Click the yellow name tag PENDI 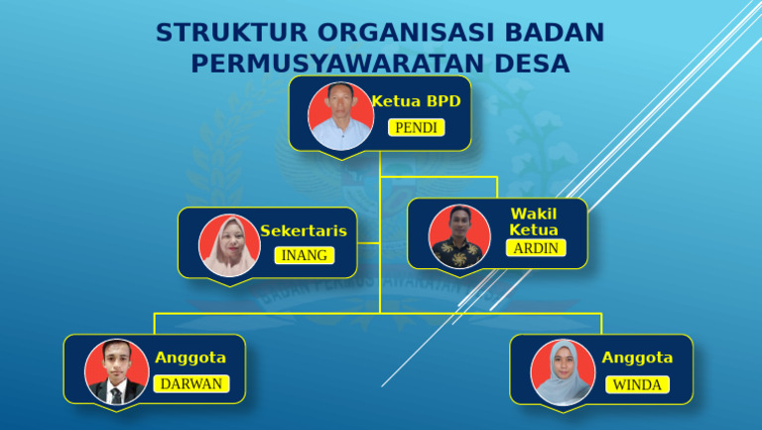[x=416, y=128]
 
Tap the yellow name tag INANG [x=304, y=255]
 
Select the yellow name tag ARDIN [x=536, y=248]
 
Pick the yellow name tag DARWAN [x=191, y=384]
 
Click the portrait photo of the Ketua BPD [x=340, y=115]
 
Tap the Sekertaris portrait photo [x=230, y=244]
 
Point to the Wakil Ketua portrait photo [x=459, y=235]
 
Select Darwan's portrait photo [x=116, y=371]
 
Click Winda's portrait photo [x=563, y=371]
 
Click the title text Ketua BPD [x=417, y=101]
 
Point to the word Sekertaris [x=304, y=230]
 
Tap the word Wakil [x=534, y=214]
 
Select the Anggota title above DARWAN [x=190, y=358]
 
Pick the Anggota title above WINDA [x=637, y=358]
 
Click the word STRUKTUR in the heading [x=216, y=33]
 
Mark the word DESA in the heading [x=535, y=64]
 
